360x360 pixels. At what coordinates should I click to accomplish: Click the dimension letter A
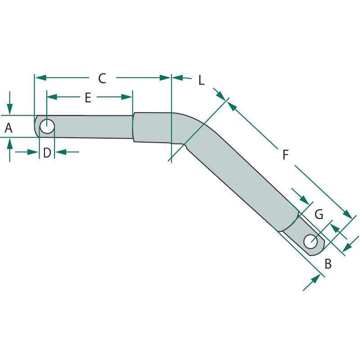[x=9, y=128]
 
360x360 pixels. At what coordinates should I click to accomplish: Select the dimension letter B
[x=328, y=264]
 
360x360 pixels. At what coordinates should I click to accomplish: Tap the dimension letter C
[x=102, y=78]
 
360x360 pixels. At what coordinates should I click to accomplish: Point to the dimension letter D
[x=47, y=153]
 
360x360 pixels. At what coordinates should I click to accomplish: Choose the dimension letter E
[x=88, y=98]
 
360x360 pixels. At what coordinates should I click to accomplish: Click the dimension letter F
[x=285, y=154]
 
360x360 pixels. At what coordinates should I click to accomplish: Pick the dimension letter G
[x=319, y=215]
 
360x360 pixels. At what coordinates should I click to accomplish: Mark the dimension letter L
[x=201, y=80]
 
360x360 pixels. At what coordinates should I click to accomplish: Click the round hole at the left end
[x=47, y=126]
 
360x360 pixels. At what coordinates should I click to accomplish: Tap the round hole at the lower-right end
[x=310, y=242]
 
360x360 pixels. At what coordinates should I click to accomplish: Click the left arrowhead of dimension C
[x=40, y=77]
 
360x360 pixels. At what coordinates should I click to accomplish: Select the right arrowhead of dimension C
[x=165, y=77]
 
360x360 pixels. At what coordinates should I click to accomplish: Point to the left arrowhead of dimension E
[x=52, y=97]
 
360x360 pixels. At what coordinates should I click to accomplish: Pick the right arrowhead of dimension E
[x=127, y=97]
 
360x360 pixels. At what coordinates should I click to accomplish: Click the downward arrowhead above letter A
[x=9, y=109]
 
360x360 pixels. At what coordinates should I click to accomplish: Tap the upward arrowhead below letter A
[x=9, y=144]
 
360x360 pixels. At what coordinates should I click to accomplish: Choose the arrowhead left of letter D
[x=33, y=152]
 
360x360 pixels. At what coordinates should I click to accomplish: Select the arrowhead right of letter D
[x=61, y=152]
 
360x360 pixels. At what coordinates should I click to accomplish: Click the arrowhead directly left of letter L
[x=177, y=77]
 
